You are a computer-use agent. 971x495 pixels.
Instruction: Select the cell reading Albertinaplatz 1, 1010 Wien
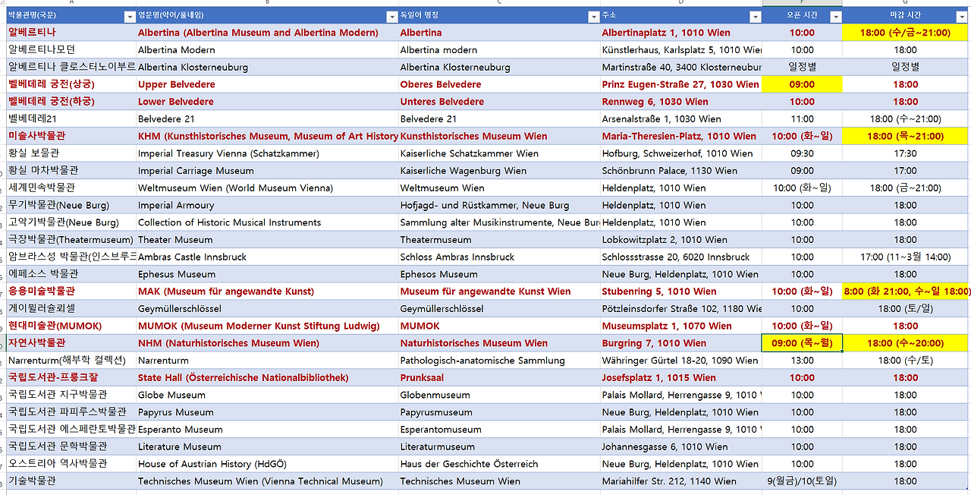coord(666,33)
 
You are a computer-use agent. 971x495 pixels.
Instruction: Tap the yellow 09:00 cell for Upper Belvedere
coord(802,84)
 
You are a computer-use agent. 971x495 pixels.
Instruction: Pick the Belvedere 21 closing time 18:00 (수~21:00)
coord(905,119)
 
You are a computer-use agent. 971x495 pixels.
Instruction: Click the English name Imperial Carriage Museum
coord(196,171)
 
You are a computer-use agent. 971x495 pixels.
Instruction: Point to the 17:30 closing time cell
coord(905,153)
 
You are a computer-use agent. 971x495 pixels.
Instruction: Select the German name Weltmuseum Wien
coord(442,188)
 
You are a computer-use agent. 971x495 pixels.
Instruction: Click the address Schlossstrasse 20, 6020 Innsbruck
coord(676,257)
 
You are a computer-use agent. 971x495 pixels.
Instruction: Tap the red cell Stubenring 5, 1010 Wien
coord(659,292)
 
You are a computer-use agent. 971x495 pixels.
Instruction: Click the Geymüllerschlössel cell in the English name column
coord(180,309)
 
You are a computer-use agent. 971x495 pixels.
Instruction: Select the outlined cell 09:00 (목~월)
coord(802,343)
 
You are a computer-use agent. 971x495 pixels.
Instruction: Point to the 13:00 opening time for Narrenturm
coord(802,361)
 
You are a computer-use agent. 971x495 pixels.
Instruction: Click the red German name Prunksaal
coord(422,378)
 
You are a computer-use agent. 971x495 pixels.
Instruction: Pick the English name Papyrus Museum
coord(176,412)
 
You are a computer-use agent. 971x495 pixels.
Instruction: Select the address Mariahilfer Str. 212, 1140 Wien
coord(669,481)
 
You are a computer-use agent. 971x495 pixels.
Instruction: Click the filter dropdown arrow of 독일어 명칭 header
coord(593,16)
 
